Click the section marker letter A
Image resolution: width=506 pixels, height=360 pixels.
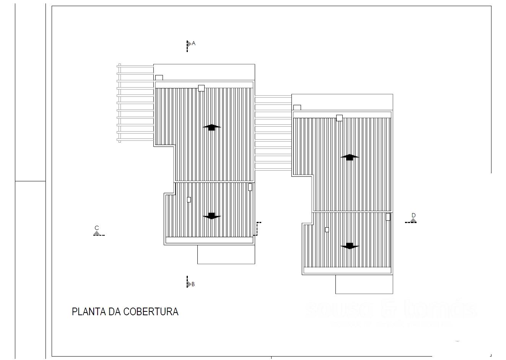(x=194, y=43)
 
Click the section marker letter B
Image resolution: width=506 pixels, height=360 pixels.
(x=193, y=284)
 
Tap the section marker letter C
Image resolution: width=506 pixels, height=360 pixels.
(x=97, y=228)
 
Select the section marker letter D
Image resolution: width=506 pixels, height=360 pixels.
(x=413, y=215)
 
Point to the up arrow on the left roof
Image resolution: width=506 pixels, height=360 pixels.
(x=212, y=127)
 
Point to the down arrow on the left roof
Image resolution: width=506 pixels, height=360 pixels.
(x=212, y=216)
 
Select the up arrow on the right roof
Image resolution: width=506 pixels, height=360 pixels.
(x=350, y=157)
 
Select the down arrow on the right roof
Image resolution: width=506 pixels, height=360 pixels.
(x=350, y=246)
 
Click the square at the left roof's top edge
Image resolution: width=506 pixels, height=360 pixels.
(x=201, y=88)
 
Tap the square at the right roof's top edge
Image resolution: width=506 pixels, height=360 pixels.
(x=339, y=118)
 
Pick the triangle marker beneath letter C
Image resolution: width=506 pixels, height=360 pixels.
(x=97, y=233)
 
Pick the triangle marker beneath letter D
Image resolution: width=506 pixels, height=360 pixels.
(x=413, y=220)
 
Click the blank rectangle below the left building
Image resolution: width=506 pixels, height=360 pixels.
(x=226, y=254)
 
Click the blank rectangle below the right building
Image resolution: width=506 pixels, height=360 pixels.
(x=364, y=284)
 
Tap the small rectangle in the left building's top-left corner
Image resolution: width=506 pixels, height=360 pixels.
(x=159, y=78)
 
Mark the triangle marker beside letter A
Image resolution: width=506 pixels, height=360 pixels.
(x=189, y=44)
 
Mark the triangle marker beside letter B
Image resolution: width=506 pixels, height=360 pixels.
(x=189, y=284)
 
